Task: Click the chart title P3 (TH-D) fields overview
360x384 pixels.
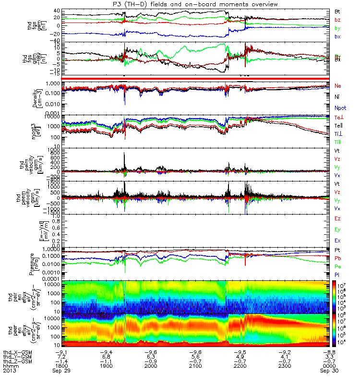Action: pos(194,4)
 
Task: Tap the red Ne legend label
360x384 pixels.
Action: pos(337,85)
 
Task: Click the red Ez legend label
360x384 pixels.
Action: pos(337,218)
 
